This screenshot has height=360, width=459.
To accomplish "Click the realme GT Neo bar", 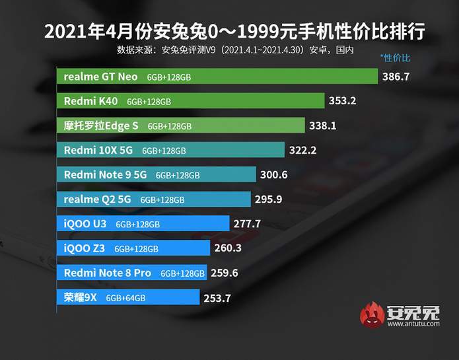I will (x=218, y=77).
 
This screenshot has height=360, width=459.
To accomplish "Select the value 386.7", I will (x=396, y=77).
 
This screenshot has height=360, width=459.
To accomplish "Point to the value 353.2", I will (x=342, y=101).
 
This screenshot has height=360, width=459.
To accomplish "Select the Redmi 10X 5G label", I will (x=98, y=150).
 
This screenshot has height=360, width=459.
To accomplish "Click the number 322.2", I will (x=302, y=150).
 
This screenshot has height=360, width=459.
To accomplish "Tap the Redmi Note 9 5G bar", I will (x=157, y=175).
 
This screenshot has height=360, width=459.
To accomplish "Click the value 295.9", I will (x=269, y=199).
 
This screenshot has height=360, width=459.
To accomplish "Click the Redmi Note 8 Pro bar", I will (x=132, y=273).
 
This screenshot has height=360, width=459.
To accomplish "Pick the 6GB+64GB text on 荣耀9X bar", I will (x=126, y=298).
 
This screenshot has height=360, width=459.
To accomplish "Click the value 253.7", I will (x=217, y=298).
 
